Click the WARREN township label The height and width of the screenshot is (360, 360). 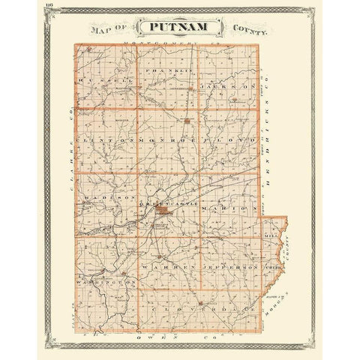click(x=165, y=265)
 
